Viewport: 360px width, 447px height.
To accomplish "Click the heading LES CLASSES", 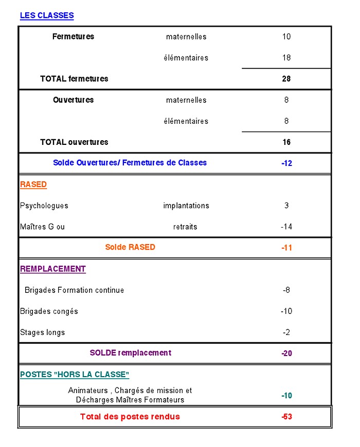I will click(x=47, y=15).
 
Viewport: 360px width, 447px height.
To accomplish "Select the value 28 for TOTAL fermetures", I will click(x=286, y=79).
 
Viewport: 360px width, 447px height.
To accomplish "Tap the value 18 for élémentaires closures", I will click(x=286, y=58).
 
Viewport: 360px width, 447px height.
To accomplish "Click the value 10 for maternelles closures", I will click(x=286, y=36).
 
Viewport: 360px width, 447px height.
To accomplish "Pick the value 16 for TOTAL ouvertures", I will click(x=286, y=142).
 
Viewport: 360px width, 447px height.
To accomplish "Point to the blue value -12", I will click(x=286, y=163).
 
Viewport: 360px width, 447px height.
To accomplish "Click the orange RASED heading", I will click(x=33, y=184).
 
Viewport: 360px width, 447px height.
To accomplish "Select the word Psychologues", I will click(x=44, y=206).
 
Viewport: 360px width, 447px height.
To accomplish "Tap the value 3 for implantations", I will click(x=286, y=206).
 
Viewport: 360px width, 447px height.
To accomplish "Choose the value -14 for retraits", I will click(x=286, y=227).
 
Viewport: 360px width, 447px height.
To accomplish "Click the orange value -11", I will click(x=286, y=248).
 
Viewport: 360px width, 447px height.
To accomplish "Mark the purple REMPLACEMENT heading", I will click(x=53, y=269).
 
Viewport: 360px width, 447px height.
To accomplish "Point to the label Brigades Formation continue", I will click(x=74, y=290).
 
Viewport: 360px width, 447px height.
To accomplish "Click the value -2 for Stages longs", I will click(x=286, y=332).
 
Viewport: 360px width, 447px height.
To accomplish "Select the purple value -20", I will click(x=286, y=353).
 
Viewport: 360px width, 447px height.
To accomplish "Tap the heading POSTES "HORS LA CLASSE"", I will click(x=75, y=375).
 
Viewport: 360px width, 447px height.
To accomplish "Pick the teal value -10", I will click(x=286, y=396).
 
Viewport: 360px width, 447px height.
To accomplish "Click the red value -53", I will click(x=286, y=417).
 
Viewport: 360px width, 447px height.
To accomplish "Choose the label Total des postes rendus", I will click(x=130, y=416).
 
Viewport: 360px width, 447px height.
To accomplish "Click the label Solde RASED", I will click(x=130, y=247).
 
